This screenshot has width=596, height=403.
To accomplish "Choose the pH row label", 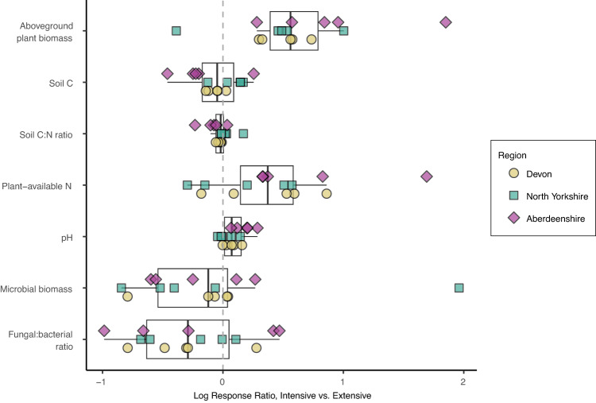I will pos(67,237).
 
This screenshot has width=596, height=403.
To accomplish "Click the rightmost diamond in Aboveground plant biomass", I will pos(446,21).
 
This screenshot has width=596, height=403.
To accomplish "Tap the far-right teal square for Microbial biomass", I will pos(459,288).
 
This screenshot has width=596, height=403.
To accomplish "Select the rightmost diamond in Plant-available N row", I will pos(427,176).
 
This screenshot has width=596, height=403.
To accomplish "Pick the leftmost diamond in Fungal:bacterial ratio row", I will pos(103,330).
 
